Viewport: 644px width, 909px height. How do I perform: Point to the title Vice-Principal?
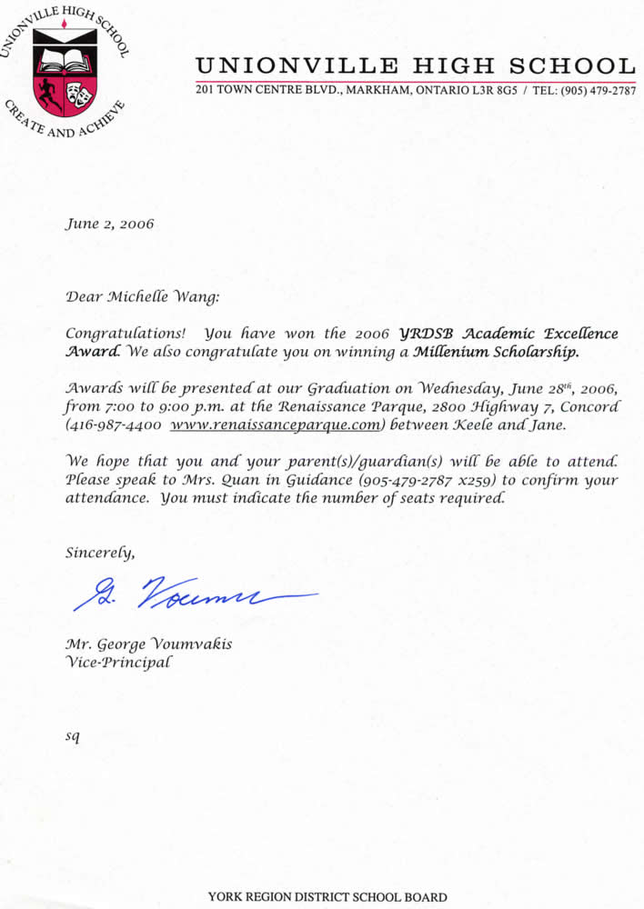click(116, 662)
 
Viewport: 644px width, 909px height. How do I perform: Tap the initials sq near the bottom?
click(73, 735)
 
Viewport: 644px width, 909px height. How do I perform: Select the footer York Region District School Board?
click(327, 896)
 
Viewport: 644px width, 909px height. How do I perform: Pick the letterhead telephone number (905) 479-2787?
click(593, 92)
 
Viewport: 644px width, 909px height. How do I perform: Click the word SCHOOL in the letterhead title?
click(572, 65)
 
